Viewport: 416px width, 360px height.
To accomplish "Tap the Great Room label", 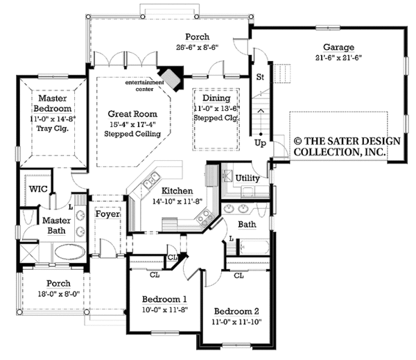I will (132, 113).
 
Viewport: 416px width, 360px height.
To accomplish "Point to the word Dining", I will (215, 98).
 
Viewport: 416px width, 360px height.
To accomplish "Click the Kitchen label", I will (177, 191).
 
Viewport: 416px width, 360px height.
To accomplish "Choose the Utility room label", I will (248, 178).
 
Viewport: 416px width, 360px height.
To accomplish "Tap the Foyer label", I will (107, 214).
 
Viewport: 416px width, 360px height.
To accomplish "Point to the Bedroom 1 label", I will (165, 300).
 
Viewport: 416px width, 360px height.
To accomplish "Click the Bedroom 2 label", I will (236, 311).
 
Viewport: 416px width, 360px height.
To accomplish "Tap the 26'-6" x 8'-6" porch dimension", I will (200, 49).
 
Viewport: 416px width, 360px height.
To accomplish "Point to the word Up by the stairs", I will (260, 144).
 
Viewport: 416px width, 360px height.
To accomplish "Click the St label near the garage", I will (261, 76).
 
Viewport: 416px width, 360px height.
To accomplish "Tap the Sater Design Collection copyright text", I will (347, 146).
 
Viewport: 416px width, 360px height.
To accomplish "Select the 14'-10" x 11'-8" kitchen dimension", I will (177, 202).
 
